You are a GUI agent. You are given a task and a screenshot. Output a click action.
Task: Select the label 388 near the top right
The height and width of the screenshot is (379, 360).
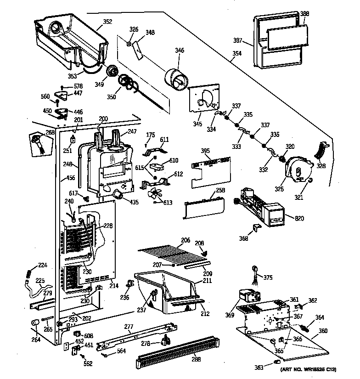tap(304, 14)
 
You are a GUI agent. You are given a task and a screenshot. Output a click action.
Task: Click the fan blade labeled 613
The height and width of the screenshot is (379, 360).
tap(156, 195)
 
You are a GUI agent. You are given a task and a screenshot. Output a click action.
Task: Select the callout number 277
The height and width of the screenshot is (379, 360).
tap(129, 327)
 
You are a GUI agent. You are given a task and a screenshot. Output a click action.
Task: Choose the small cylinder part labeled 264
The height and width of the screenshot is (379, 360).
tap(35, 325)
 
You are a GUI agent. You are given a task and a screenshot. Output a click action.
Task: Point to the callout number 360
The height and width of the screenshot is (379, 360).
tap(323, 331)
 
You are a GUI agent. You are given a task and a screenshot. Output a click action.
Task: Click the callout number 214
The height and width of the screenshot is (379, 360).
tap(114, 285)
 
